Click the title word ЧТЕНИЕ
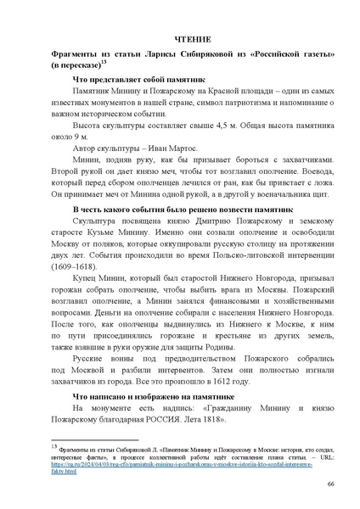coord(179,39)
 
